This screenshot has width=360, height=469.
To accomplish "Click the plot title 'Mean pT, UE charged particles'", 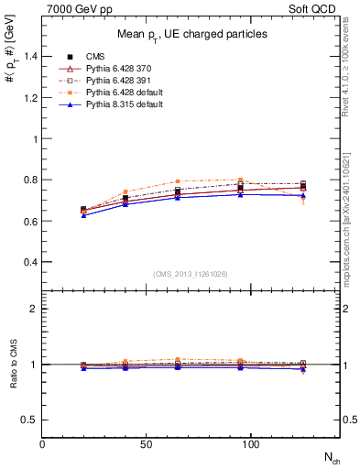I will [x=192, y=34].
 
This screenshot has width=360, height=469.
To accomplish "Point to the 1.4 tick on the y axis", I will [x=32, y=57].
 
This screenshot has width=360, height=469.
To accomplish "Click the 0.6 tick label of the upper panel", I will [x=32, y=222].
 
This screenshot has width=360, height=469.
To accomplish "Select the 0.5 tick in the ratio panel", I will [x=32, y=420].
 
